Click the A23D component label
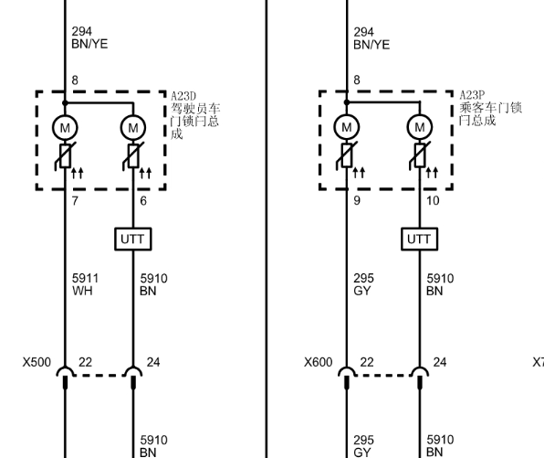click(x=183, y=96)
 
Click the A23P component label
click(x=472, y=95)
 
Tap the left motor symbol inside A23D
click(x=65, y=128)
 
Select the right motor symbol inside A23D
click(x=133, y=128)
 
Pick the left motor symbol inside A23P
click(x=347, y=127)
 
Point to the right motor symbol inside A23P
click(x=420, y=127)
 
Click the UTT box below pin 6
click(x=133, y=240)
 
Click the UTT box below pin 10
click(x=420, y=240)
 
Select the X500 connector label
click(x=37, y=362)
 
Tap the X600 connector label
click(x=319, y=362)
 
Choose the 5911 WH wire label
click(x=86, y=284)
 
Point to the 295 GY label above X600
click(x=363, y=284)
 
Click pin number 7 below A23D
click(x=75, y=201)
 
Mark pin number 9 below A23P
click(x=357, y=200)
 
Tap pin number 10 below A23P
click(x=433, y=200)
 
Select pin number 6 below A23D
click(x=143, y=201)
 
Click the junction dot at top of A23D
click(x=65, y=103)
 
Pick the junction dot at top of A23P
click(x=347, y=102)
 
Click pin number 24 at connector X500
click(x=153, y=362)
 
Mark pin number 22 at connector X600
click(x=367, y=362)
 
